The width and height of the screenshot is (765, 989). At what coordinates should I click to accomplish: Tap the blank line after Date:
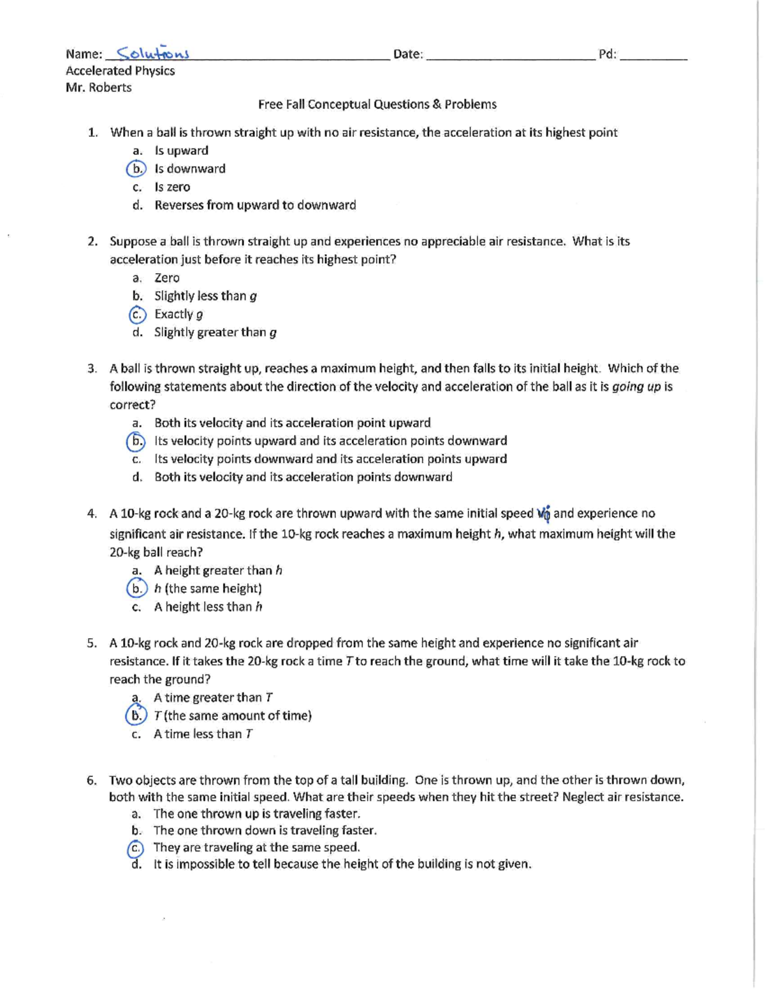point(510,56)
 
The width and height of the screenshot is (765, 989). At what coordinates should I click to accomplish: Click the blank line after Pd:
point(653,56)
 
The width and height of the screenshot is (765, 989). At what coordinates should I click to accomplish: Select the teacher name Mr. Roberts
point(98,88)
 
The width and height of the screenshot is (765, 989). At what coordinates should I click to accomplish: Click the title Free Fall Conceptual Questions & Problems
point(377,104)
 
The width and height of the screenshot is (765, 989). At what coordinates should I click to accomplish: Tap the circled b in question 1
point(136,169)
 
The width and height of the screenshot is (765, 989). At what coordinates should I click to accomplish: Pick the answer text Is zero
point(172,187)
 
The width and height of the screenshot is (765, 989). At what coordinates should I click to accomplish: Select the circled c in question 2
point(136,315)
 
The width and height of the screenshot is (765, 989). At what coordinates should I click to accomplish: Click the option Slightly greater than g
point(215,332)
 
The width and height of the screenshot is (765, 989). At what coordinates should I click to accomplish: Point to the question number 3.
point(92,369)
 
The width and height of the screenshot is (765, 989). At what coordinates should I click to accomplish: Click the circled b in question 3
point(136,441)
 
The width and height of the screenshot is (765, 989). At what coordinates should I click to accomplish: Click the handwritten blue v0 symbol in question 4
point(544,513)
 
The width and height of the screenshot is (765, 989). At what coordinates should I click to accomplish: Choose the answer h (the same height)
point(208,589)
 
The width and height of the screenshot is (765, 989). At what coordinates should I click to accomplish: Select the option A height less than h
point(208,607)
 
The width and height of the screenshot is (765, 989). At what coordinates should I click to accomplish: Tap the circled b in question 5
point(135,716)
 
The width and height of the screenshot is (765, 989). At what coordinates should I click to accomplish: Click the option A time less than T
point(203,734)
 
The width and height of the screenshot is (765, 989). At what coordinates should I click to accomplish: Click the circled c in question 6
point(135,848)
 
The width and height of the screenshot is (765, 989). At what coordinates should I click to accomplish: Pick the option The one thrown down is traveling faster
point(265,830)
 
